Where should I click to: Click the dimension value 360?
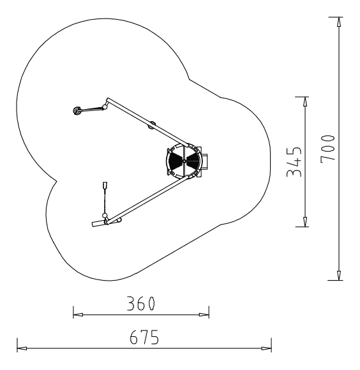coord(141,304)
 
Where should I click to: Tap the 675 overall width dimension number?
coord(144,337)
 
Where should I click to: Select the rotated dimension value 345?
coord(294,162)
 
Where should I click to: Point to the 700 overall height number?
coord(328,149)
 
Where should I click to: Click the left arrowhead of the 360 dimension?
coord(78,314)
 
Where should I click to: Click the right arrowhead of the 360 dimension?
coord(204,314)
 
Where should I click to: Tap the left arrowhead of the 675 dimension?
coord(22,348)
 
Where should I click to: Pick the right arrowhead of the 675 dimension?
coord(266,348)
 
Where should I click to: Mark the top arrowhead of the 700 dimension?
coord(339,22)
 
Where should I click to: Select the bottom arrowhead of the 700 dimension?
coord(339,276)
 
